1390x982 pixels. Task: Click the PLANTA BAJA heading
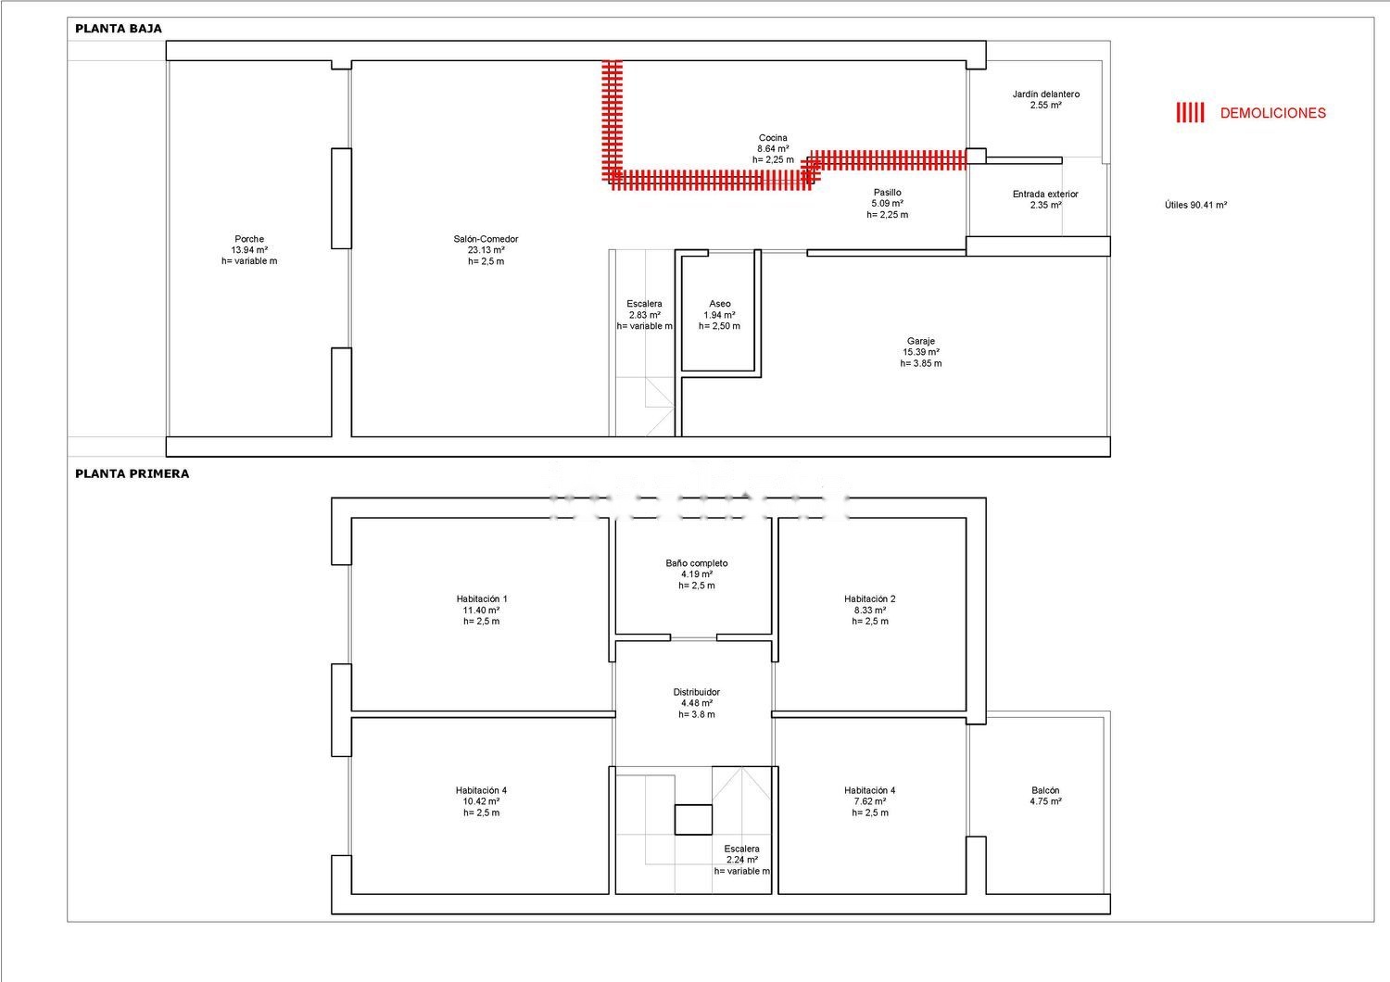pos(119,29)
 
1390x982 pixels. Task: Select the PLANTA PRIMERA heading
pos(133,474)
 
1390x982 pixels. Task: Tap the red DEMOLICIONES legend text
pos(1272,113)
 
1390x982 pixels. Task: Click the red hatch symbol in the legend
pos(1190,112)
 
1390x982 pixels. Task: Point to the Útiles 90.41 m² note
pos(1195,205)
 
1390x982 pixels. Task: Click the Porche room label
pos(249,250)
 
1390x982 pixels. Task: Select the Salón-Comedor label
pos(486,250)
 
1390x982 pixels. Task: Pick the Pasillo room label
pos(888,204)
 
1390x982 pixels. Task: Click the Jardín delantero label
pos(1046,99)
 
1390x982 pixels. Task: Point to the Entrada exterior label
pos(1045,199)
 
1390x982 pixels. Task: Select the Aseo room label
pos(720,314)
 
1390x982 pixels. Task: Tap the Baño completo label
pos(697,573)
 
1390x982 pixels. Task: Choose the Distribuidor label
pos(697,703)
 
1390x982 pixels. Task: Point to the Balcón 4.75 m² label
pos(1045,795)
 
